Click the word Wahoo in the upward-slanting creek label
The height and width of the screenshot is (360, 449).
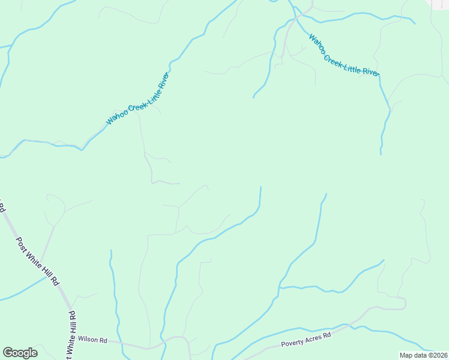tap(116, 117)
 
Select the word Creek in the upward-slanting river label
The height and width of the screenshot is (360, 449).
tap(134, 103)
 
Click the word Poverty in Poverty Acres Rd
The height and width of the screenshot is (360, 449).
tap(293, 344)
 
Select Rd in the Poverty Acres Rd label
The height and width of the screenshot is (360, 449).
tap(327, 336)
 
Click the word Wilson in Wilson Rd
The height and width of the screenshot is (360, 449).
tap(88, 340)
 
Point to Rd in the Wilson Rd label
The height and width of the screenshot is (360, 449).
tap(103, 340)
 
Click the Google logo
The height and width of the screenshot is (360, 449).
tap(20, 353)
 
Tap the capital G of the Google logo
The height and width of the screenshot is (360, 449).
tap(8, 353)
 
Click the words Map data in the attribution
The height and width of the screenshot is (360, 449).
tap(413, 355)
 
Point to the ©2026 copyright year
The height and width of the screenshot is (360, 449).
tap(436, 355)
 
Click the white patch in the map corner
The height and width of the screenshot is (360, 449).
tap(440, 3)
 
